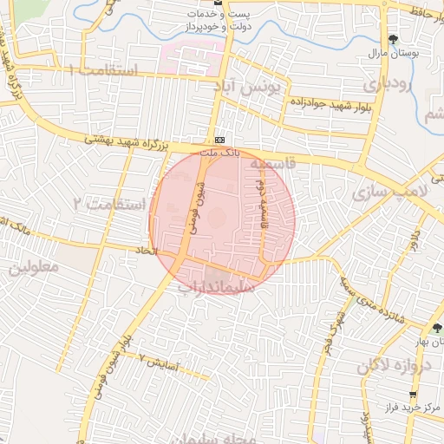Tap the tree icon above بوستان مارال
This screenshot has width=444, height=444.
coord(394,39)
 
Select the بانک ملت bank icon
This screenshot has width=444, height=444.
coord(220,140)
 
